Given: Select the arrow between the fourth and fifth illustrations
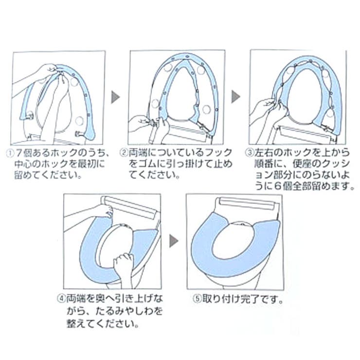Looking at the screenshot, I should tap(173, 240).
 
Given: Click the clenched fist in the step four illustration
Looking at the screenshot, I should tap(123, 266).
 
